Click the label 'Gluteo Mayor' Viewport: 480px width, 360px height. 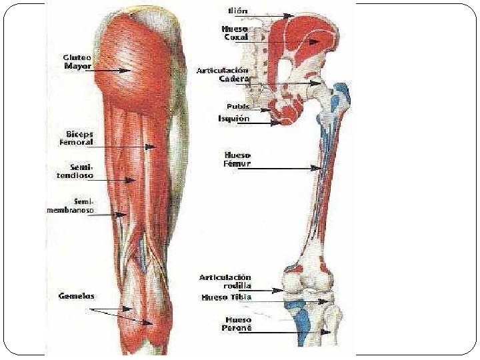77,62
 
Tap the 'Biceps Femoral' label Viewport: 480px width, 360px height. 79,139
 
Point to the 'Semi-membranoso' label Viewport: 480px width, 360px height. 70,205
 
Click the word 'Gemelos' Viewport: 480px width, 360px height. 76,295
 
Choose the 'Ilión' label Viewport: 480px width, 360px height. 239,11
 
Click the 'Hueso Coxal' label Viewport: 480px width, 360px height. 235,33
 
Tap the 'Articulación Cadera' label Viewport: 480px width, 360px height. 223,74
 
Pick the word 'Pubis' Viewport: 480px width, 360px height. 238,106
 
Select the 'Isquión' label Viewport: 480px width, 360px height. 234,119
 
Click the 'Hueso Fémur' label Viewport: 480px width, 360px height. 237,159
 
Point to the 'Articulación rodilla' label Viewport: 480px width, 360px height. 225,281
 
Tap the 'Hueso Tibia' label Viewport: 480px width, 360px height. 227,297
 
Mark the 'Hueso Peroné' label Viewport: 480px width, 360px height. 237,323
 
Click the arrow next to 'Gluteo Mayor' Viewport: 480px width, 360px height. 113,69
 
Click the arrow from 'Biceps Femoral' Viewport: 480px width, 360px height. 127,146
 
